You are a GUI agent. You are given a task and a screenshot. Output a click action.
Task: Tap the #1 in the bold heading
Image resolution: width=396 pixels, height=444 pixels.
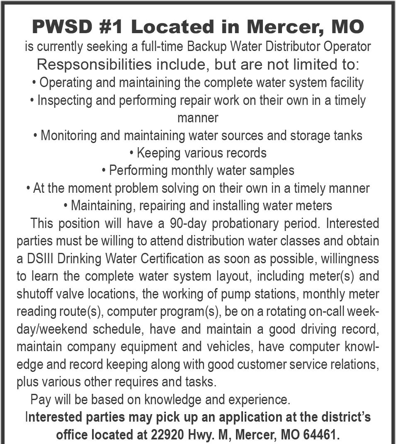tap(114, 27)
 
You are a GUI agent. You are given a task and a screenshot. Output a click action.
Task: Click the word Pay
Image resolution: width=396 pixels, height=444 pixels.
tap(39, 400)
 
